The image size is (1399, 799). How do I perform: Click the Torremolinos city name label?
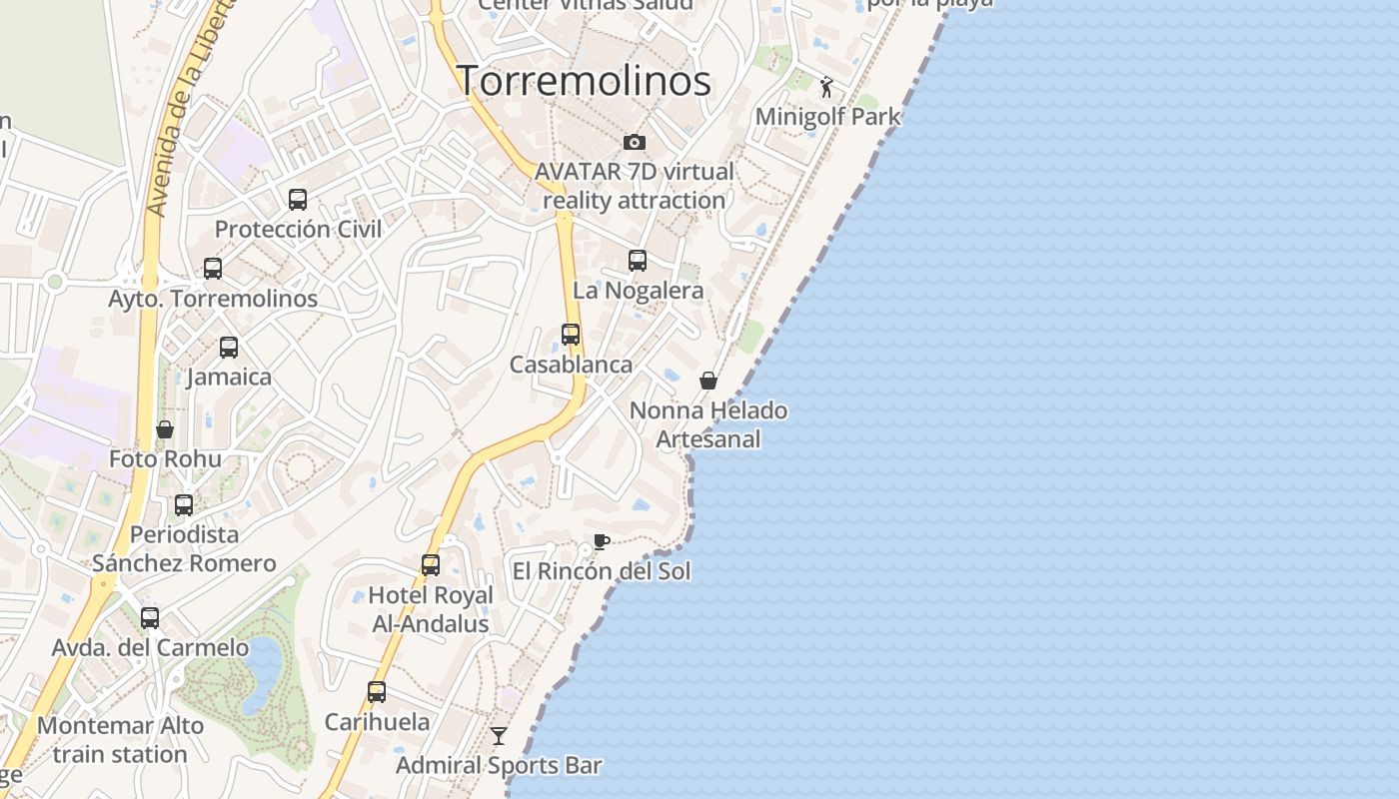click(584, 81)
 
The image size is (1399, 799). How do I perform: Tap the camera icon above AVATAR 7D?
click(634, 142)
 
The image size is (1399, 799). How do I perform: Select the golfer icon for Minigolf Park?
click(826, 87)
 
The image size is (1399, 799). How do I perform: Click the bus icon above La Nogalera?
click(638, 261)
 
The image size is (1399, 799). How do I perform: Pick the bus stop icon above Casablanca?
click(571, 335)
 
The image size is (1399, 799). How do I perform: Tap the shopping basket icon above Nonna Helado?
click(708, 381)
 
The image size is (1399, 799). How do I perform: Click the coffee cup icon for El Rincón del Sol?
click(601, 541)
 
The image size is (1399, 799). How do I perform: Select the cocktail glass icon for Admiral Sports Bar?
click(499, 736)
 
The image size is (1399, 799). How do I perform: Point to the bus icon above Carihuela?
click(377, 692)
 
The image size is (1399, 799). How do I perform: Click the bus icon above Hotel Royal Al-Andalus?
click(431, 565)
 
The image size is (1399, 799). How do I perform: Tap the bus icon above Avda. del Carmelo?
click(150, 618)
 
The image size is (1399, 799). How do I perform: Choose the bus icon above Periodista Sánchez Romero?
click(184, 505)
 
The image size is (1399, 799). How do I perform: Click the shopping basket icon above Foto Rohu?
click(165, 429)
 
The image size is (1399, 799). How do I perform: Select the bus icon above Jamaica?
click(229, 348)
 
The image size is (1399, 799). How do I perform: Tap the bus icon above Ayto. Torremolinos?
click(213, 269)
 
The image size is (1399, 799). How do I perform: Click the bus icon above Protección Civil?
click(298, 200)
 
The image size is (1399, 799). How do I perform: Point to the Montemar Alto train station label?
click(120, 740)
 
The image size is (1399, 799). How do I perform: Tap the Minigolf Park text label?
click(827, 117)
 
